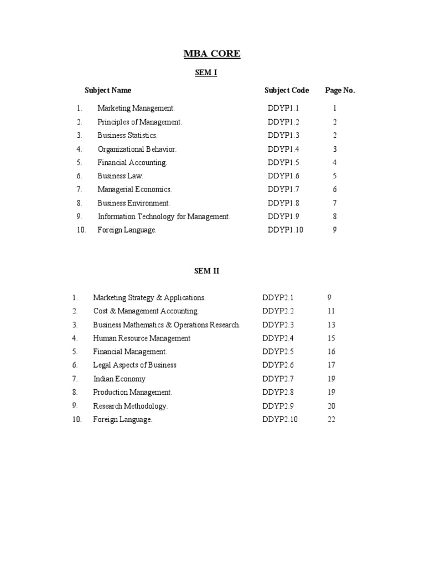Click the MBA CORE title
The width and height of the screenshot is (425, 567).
212,54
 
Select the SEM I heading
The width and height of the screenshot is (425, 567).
206,73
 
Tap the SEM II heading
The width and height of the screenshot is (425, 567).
206,271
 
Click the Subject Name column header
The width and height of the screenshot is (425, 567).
108,90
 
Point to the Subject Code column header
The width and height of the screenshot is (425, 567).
287,90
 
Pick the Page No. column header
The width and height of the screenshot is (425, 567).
340,90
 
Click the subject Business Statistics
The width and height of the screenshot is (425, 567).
127,135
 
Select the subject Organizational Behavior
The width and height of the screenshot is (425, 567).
137,149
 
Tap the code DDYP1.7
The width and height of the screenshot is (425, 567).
283,189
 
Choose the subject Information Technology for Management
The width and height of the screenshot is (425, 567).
164,217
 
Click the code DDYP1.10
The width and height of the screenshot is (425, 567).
286,230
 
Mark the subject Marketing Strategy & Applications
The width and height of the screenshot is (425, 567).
149,298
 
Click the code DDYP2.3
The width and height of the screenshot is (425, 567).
278,325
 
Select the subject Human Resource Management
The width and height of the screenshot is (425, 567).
142,338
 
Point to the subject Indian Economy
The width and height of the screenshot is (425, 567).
119,379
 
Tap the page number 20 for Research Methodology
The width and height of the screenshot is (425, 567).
331,406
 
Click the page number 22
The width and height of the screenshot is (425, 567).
331,420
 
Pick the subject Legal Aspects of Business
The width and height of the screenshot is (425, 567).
134,365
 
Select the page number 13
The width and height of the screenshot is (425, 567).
331,325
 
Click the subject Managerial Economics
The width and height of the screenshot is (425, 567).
134,189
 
